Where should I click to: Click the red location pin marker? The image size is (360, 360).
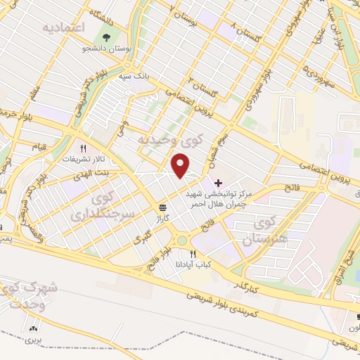(181, 166)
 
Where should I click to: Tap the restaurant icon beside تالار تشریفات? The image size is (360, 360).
(83, 148)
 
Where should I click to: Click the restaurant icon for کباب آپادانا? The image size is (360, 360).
(193, 254)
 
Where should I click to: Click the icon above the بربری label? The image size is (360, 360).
(32, 328)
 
